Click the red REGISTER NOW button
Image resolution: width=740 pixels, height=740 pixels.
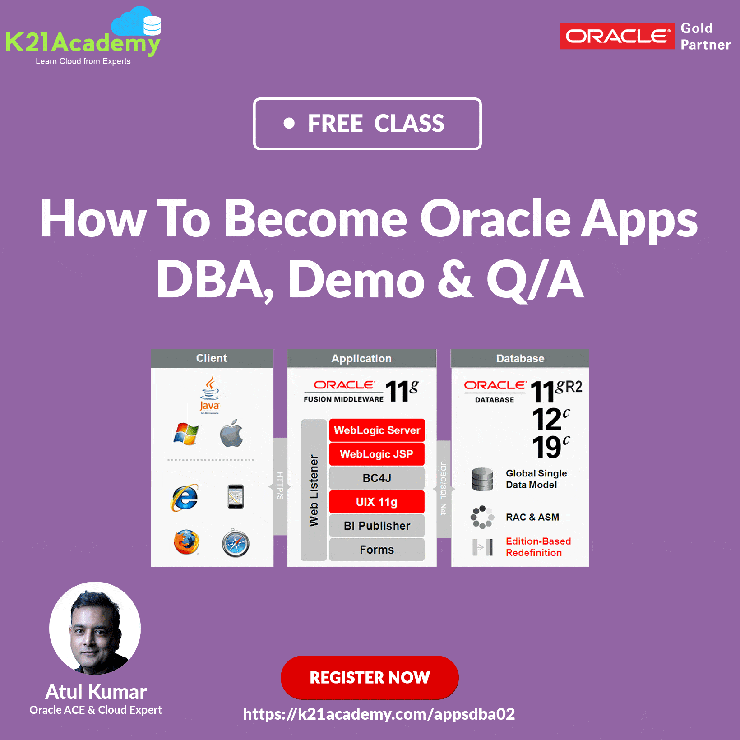(370, 677)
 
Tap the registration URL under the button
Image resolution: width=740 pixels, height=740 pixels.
(379, 714)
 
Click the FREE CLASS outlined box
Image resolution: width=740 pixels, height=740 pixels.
(367, 124)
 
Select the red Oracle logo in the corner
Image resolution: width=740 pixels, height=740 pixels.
(617, 36)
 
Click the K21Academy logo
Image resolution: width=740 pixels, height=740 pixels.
(83, 36)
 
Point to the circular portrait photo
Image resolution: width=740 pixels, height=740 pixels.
(95, 628)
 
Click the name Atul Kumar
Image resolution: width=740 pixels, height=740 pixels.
(96, 692)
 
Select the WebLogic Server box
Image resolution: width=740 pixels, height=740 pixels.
(377, 430)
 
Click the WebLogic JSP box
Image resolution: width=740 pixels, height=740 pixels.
(377, 454)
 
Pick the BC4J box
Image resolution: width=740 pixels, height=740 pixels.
(377, 478)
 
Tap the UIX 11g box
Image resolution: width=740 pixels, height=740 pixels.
(377, 502)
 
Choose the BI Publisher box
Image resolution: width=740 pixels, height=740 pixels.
(377, 526)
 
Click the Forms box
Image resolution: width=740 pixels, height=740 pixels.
(377, 550)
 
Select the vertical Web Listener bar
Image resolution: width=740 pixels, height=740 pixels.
(314, 490)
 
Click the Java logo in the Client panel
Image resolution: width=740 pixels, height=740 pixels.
(210, 395)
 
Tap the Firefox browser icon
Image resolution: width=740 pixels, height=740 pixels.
(186, 542)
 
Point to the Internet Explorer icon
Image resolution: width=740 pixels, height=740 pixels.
(185, 498)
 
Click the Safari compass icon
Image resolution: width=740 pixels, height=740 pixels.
(236, 543)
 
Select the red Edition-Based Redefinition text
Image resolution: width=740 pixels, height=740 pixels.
(538, 547)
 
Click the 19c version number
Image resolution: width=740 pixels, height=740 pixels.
(551, 447)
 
